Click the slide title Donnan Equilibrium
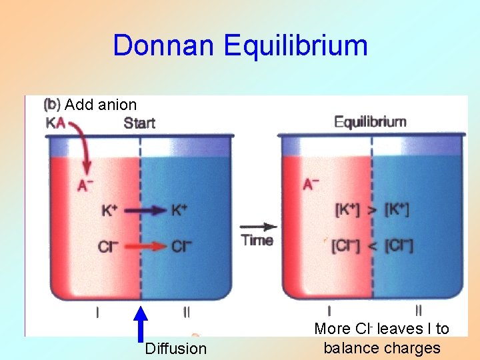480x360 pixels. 240,46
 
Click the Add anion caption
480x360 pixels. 101,105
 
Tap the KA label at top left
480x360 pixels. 55,123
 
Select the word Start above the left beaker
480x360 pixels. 139,123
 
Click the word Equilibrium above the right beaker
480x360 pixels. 369,122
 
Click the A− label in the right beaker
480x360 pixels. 311,184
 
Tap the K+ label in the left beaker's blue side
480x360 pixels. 179,211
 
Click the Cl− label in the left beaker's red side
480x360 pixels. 107,246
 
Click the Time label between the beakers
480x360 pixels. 257,240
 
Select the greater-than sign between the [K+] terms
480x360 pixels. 372,211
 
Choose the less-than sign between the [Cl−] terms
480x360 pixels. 372,246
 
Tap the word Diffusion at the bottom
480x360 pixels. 175,349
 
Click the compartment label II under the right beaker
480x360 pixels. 418,309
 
